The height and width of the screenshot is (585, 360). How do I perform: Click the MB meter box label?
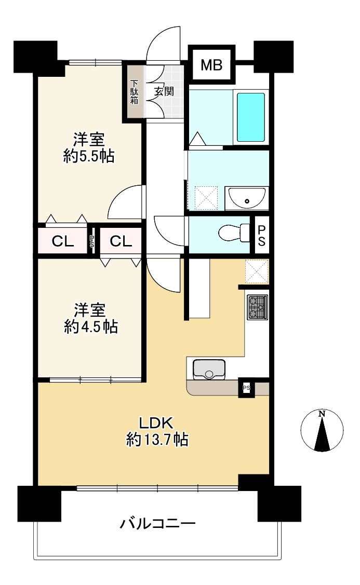[211, 65]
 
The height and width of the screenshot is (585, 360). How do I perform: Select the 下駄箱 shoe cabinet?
[135, 91]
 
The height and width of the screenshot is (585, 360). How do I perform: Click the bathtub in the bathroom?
[251, 117]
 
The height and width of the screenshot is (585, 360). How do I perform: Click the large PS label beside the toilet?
[261, 234]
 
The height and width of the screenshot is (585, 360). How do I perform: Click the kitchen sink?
[210, 369]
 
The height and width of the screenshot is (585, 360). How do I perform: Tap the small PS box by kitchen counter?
[246, 387]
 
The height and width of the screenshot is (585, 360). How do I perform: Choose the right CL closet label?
[120, 241]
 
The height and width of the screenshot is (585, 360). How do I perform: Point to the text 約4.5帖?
[90, 327]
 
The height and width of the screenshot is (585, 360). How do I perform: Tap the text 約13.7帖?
[157, 440]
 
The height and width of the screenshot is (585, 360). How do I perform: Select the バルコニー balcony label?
[158, 523]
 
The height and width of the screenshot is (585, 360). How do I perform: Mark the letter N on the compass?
[322, 414]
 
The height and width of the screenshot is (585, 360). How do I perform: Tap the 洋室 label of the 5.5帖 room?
[89, 139]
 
